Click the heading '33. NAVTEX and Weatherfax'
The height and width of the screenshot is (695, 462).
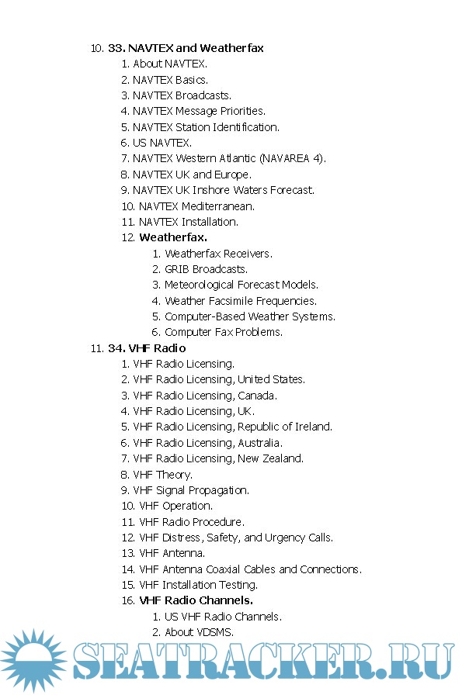[186, 48]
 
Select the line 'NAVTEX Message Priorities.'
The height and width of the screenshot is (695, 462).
[199, 111]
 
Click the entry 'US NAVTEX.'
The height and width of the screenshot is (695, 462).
[162, 143]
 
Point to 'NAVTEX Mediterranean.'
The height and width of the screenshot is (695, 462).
[196, 206]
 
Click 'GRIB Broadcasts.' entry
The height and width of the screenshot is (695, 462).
[207, 269]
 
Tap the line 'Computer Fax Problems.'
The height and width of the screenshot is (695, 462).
[224, 332]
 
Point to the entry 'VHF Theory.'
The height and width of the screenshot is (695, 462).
[163, 474]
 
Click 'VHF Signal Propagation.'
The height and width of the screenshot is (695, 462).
[191, 490]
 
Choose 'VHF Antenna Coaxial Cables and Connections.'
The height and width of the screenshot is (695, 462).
[250, 569]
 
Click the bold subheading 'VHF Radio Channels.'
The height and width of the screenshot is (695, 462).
[196, 600]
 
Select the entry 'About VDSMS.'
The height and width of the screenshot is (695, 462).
[199, 632]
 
